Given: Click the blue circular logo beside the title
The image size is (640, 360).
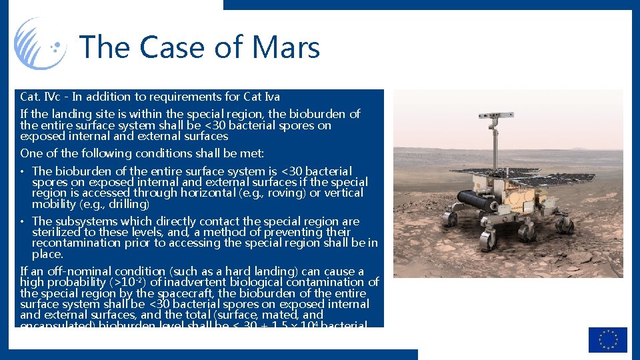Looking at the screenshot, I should [x=41, y=43].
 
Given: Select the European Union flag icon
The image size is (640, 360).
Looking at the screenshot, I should [x=607, y=339].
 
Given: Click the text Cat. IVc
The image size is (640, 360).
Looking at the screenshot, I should [x=41, y=97].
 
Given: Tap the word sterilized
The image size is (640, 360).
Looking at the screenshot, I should [x=60, y=232].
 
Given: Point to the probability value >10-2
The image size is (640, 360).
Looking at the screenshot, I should [x=119, y=282].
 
